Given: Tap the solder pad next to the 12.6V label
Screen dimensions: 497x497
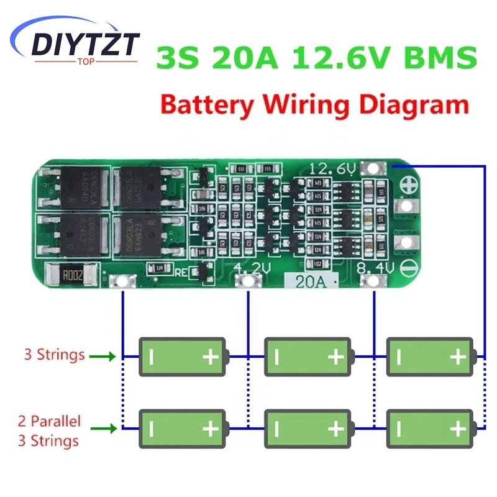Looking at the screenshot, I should pos(374,168).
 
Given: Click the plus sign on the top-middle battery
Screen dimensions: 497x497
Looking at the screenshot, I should pos(335,357).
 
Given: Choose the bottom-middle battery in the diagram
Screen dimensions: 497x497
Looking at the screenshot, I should pos(308,428).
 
